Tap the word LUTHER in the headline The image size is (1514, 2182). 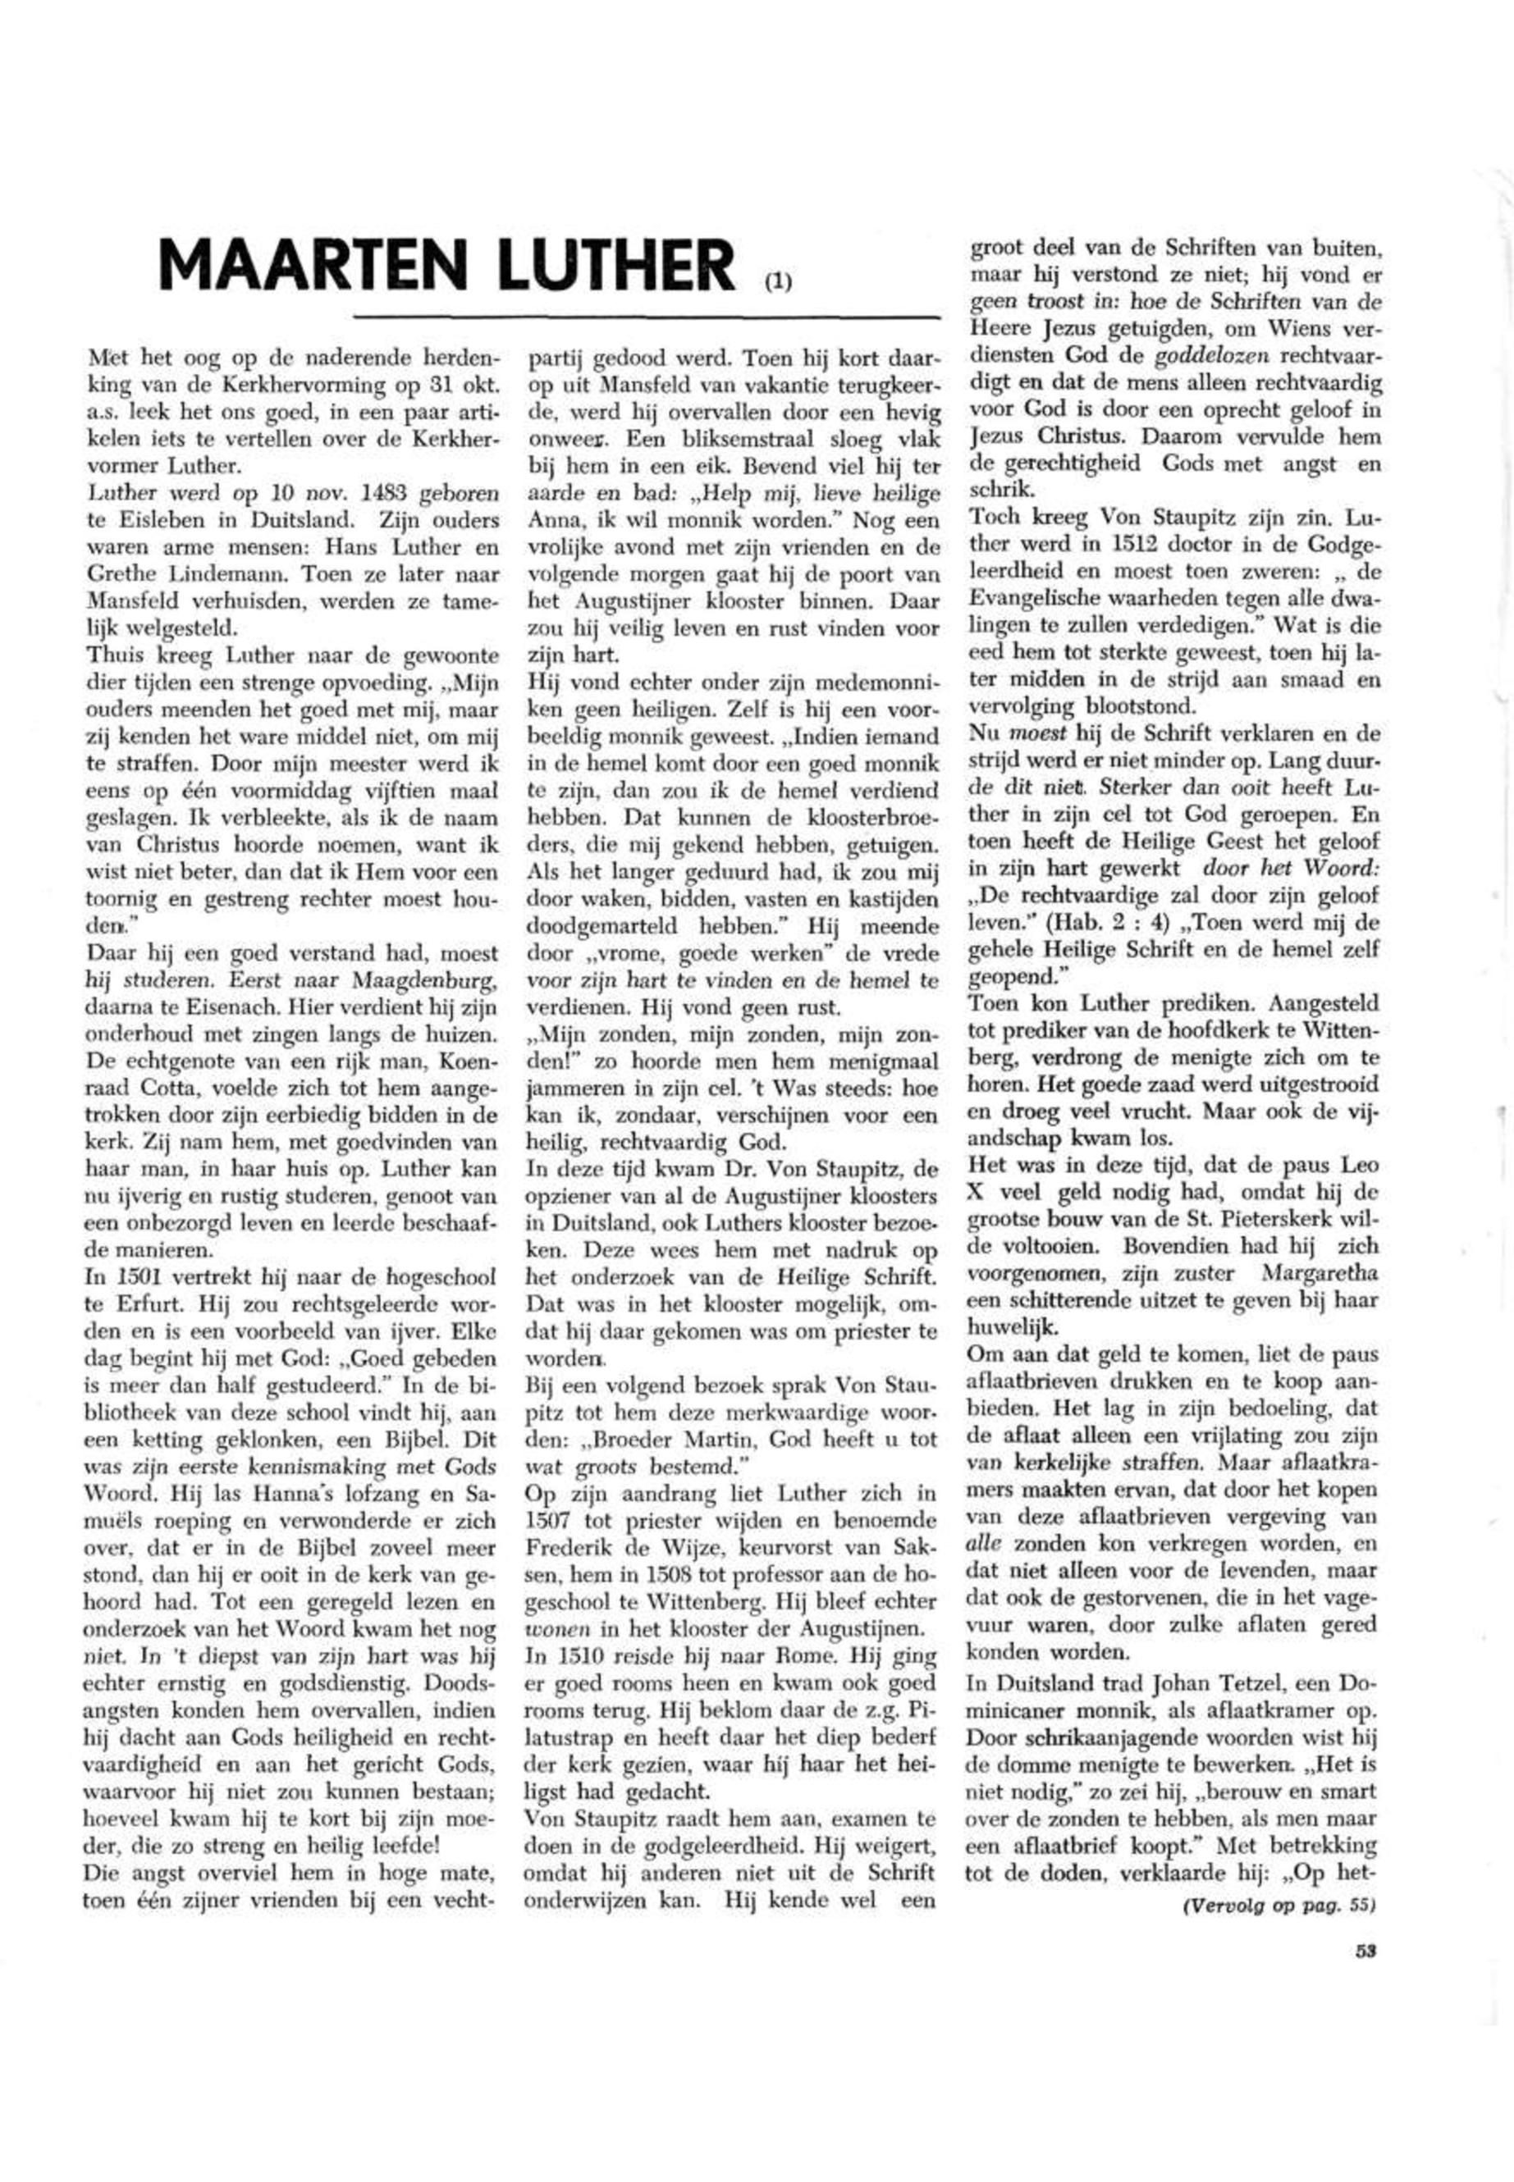(615, 266)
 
